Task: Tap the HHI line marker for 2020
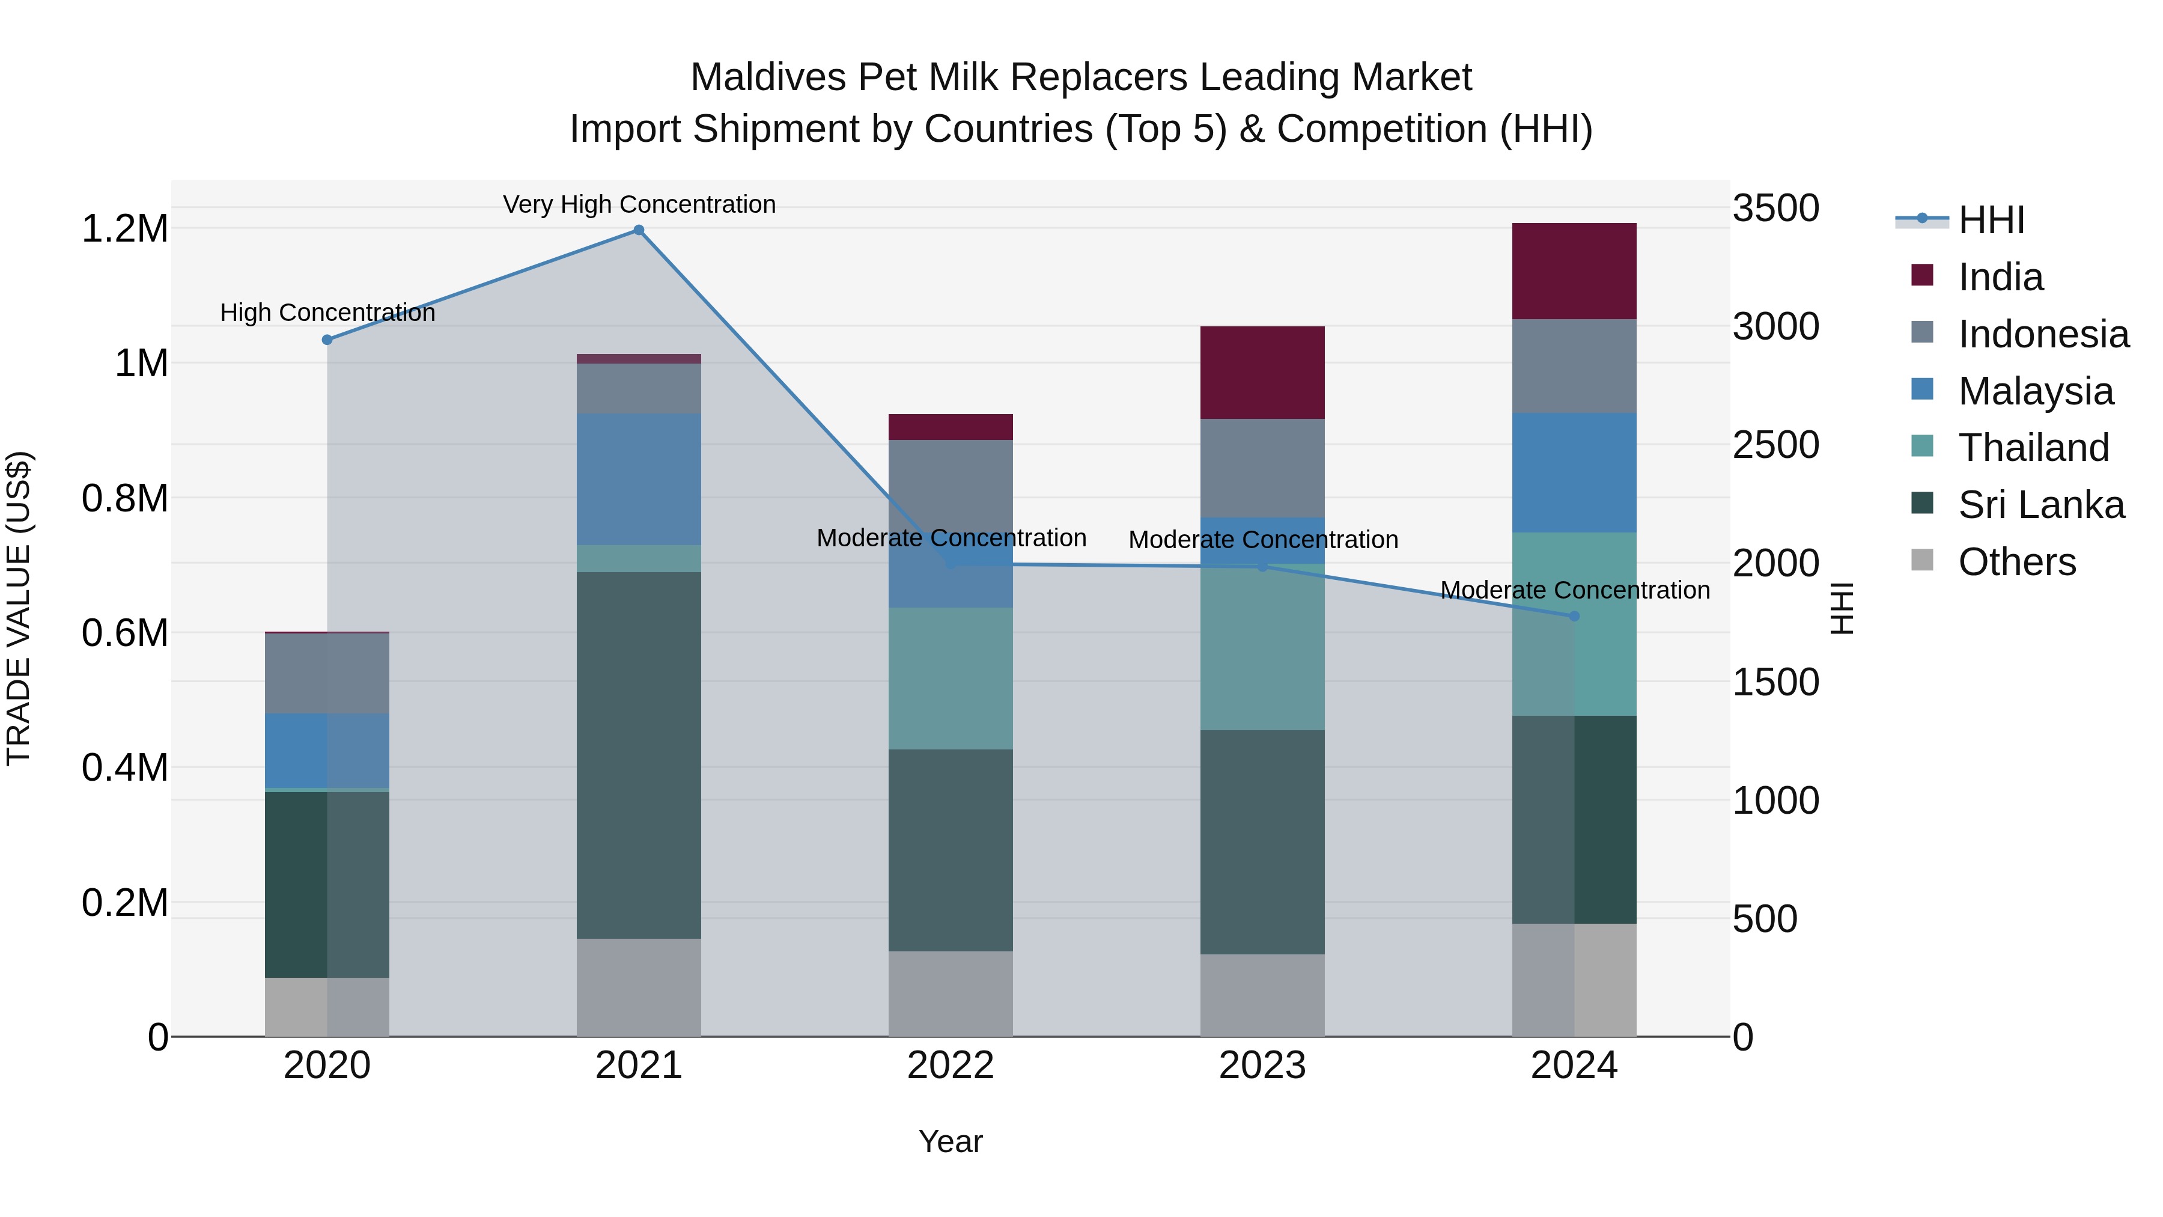pyautogui.click(x=327, y=340)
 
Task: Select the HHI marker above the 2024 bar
pyautogui.click(x=1574, y=617)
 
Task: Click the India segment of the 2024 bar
pyautogui.click(x=1574, y=270)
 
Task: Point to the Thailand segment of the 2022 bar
pyautogui.click(x=951, y=678)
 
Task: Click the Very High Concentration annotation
pyautogui.click(x=639, y=204)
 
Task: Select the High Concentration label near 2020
pyautogui.click(x=327, y=313)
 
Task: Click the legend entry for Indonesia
pyautogui.click(x=2043, y=334)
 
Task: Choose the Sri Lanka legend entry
pyautogui.click(x=2040, y=505)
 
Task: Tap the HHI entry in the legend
pyautogui.click(x=1991, y=220)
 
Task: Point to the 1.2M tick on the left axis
pyautogui.click(x=125, y=228)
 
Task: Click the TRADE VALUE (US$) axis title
pyautogui.click(x=19, y=608)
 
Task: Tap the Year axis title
pyautogui.click(x=951, y=1141)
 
